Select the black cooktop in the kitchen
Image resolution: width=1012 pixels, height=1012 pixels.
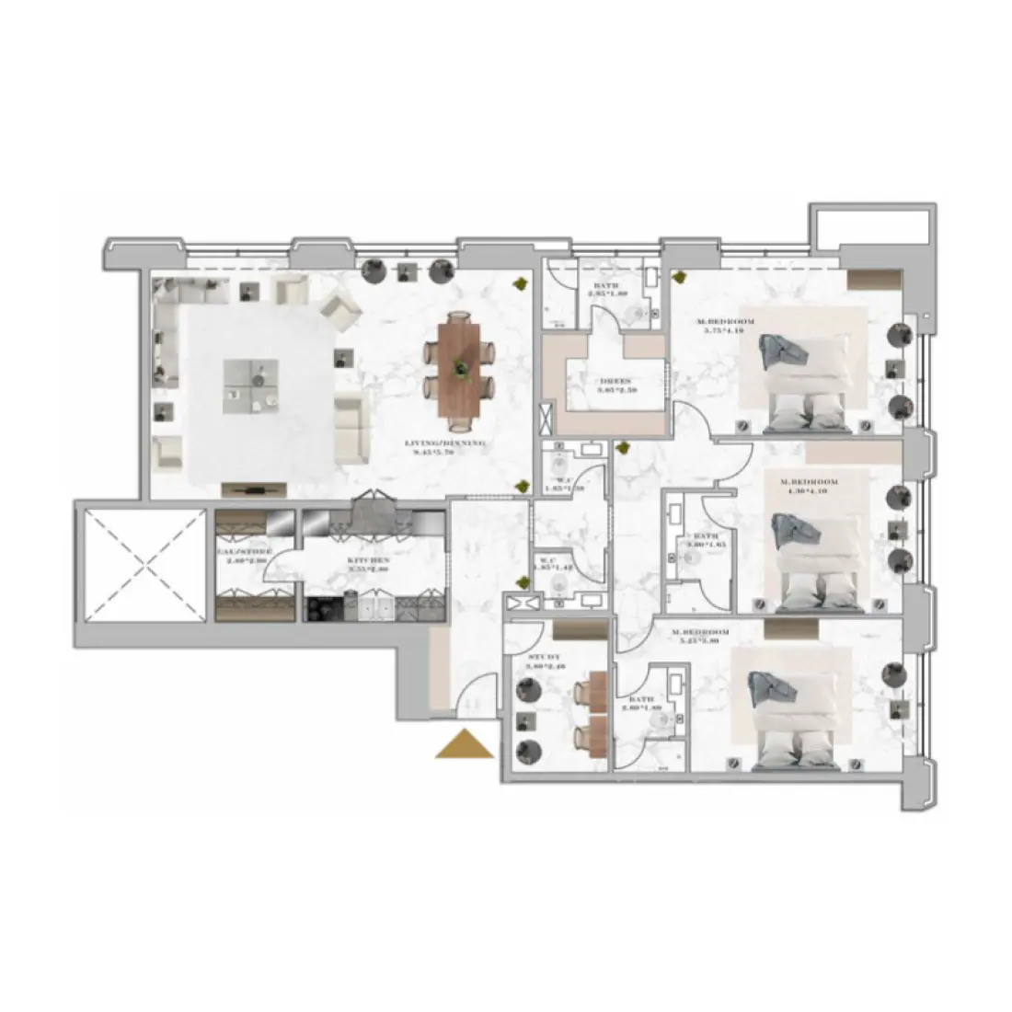tap(323, 609)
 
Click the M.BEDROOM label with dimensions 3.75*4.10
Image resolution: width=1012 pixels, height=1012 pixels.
tap(727, 325)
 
